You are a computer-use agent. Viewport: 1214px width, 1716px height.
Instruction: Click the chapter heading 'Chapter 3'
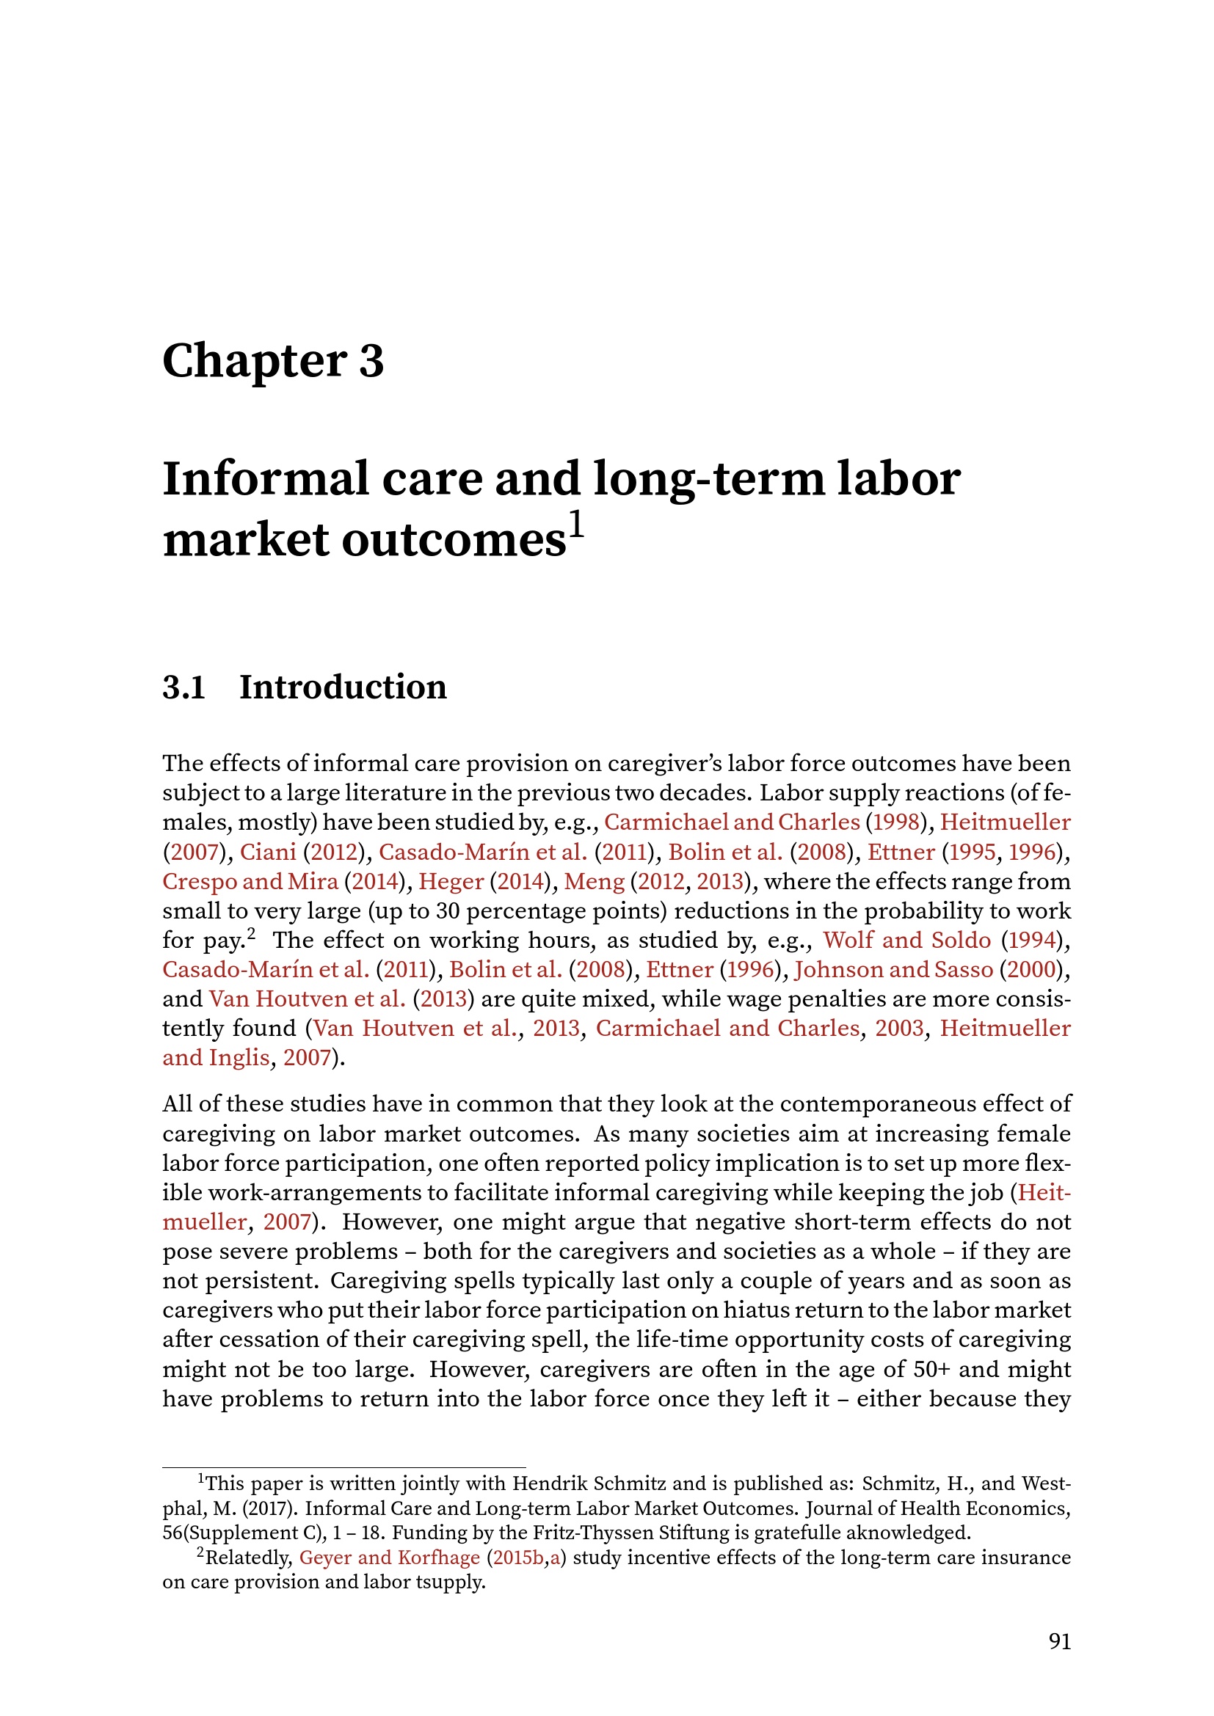point(273,361)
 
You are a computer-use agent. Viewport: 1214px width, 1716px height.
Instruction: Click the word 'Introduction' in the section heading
point(342,687)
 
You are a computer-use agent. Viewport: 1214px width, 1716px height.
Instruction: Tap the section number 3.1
point(184,687)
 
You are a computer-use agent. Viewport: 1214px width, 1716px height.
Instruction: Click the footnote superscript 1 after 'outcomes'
point(576,525)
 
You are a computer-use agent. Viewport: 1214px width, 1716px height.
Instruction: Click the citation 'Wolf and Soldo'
point(906,941)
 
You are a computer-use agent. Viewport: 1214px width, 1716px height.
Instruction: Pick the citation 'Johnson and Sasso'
point(893,969)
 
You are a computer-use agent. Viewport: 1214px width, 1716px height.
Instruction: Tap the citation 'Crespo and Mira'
point(250,881)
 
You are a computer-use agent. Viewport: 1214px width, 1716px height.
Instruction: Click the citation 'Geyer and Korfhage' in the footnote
point(389,1558)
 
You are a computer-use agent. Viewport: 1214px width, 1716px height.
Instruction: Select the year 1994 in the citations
point(1031,941)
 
